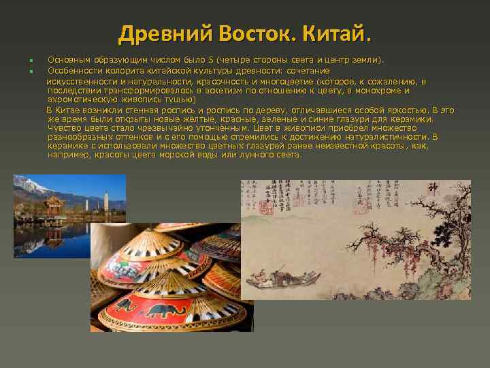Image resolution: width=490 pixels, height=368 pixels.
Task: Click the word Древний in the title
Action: tap(155, 33)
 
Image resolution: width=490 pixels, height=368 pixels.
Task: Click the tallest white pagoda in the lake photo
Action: tap(105, 200)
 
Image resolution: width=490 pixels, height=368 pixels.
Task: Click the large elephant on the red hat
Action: tap(163, 311)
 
